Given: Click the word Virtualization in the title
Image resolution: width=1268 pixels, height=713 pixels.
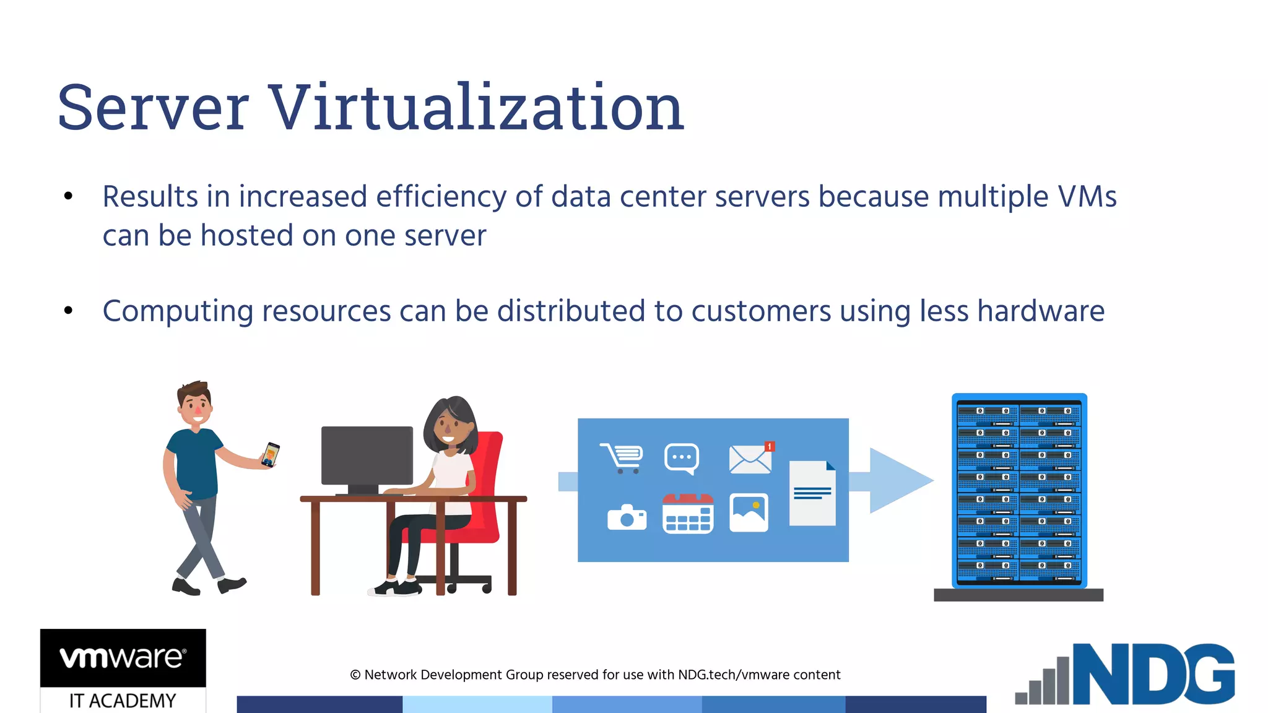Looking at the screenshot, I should coord(477,108).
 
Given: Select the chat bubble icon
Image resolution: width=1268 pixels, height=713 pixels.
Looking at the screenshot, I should coord(682,459).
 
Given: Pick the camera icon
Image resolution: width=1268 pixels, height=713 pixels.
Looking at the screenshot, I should coord(627,517).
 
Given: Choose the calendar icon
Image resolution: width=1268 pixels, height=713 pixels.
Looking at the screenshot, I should coord(688,514).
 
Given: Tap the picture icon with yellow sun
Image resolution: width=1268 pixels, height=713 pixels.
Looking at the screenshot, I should coord(749,512).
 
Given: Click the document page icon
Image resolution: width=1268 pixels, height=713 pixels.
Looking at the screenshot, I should coord(812,493).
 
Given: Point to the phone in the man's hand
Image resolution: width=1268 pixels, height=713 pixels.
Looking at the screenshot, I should coord(271,454).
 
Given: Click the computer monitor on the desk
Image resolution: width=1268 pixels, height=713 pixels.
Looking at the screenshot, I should coord(367,456).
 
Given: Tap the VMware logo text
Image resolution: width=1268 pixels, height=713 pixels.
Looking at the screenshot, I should coord(123,657).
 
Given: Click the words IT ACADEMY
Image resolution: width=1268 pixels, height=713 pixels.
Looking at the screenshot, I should coord(123,701).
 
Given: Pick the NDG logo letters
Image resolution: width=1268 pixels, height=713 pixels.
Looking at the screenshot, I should coord(1153,674).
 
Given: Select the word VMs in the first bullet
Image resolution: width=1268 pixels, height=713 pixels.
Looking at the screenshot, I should coord(1087,197).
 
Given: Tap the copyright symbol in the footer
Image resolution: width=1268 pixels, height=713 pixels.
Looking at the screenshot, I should coord(355,675).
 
